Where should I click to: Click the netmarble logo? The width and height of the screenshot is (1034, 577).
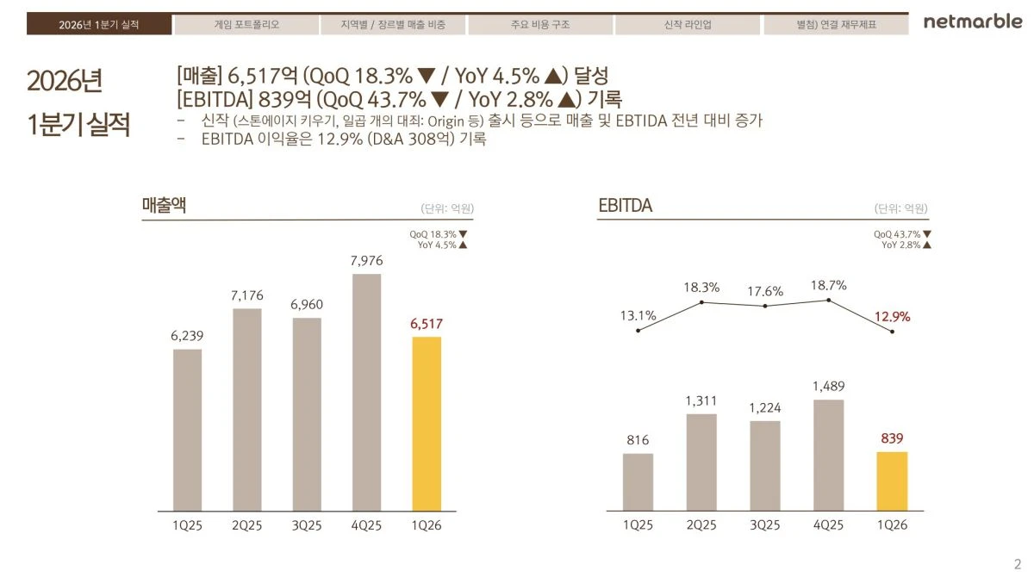coord(973,22)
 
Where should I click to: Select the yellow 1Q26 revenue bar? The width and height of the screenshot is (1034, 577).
coord(427,424)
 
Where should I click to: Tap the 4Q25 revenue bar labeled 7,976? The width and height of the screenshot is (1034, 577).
coord(366,393)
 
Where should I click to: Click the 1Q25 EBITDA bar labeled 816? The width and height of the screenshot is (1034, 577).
coord(638,482)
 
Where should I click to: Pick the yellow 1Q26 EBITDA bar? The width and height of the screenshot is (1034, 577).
coord(892,481)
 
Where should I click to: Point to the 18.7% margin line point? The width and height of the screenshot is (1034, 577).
coord(829,301)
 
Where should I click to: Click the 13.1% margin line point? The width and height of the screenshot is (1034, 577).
coord(638,331)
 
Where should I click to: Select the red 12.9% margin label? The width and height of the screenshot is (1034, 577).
coord(893,317)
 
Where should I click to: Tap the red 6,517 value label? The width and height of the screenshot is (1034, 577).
coord(427,324)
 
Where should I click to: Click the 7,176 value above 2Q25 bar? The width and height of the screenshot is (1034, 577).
coord(247,295)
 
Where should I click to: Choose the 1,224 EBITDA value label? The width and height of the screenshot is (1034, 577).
coord(765,407)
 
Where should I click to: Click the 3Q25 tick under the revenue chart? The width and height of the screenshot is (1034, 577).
coord(307,525)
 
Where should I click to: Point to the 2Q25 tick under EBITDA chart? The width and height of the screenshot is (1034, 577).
coord(701,524)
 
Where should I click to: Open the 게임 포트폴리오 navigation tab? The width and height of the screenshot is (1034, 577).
coord(246,24)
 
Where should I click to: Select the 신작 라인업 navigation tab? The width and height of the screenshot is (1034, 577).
coord(688,24)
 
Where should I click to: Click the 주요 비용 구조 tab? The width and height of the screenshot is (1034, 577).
coord(540,24)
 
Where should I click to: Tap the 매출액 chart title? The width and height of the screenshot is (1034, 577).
coord(164,205)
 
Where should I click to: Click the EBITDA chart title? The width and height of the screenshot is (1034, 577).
coord(625,205)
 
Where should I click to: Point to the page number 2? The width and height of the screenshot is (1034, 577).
coord(1018,564)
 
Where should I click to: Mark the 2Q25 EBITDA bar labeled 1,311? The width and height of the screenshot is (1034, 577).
coord(701,462)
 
